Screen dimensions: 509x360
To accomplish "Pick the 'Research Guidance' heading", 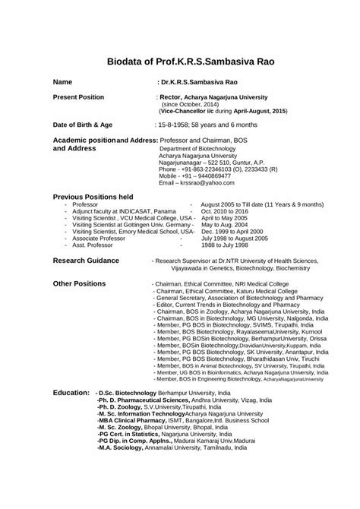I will [x=86, y=261].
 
